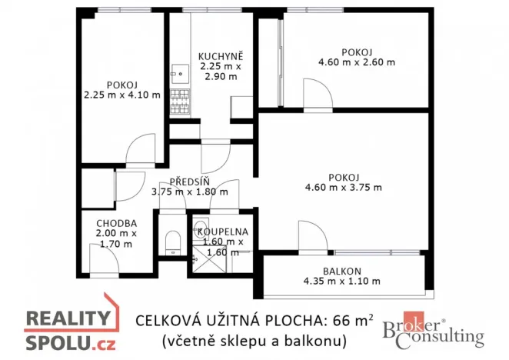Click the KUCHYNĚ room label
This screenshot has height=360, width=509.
pos(221,56)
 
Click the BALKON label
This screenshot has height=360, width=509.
pos(341,270)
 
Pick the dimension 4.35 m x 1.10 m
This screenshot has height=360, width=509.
pos(341,281)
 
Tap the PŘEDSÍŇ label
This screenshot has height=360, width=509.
pos(190,182)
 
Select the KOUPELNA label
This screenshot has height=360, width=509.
pos(221,231)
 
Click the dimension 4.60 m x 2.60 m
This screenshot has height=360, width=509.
pos(357,62)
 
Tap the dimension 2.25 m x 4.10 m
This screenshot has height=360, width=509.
pos(123,95)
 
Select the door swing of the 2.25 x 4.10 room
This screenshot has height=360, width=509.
pos(141,150)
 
